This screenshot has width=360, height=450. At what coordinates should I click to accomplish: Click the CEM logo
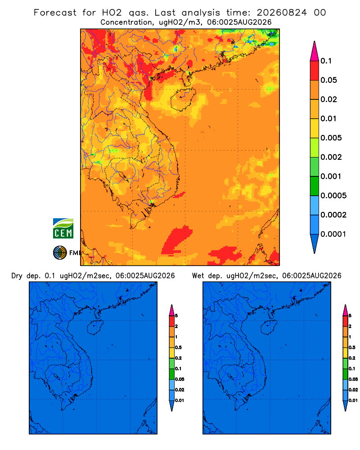coord(63,228)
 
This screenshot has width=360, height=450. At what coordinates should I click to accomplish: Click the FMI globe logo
coord(60,253)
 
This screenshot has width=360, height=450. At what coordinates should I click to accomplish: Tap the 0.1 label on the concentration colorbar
coord(326,61)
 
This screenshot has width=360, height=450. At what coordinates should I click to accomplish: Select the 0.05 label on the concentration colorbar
coord(328,80)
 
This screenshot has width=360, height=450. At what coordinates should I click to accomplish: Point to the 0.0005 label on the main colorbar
coord(333,196)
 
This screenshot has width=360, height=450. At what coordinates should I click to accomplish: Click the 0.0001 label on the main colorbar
coord(333,234)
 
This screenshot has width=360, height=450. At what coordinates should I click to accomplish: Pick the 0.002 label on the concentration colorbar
coord(331,157)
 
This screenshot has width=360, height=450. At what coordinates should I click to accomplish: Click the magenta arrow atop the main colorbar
coord(315,51)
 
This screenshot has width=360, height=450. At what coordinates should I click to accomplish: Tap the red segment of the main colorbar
coord(315,71)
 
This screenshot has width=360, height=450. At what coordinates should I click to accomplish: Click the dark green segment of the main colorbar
coord(315,186)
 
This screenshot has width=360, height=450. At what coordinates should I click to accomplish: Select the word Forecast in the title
coord(55,13)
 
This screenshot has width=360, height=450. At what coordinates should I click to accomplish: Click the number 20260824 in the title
coord(282,13)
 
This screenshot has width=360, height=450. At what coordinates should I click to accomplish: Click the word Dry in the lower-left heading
coord(17,276)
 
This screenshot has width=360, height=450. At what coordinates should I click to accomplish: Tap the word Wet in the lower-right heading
coord(198,276)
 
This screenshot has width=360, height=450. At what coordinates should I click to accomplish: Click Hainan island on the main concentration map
coord(183,99)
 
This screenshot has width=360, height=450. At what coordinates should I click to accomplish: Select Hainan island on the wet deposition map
coord(269,328)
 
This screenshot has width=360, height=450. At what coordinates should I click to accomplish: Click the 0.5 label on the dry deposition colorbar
coord(178,347)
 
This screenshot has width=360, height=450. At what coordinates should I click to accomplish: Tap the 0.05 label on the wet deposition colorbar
coord(353,379)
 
